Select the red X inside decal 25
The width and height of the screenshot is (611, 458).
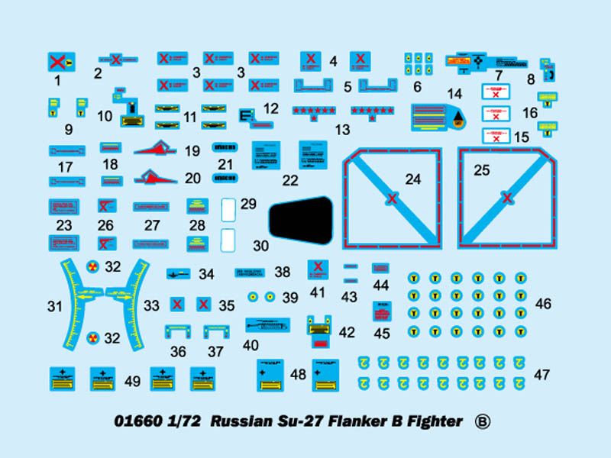point(506,199)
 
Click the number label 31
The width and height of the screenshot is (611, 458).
point(54,306)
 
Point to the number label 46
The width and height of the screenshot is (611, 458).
point(543,304)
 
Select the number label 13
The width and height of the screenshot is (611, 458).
point(343,130)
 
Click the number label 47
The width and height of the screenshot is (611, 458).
point(543,375)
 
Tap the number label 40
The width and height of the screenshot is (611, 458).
point(251,344)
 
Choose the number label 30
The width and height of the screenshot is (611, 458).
point(261,246)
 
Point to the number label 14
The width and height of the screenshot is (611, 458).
point(455,94)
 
